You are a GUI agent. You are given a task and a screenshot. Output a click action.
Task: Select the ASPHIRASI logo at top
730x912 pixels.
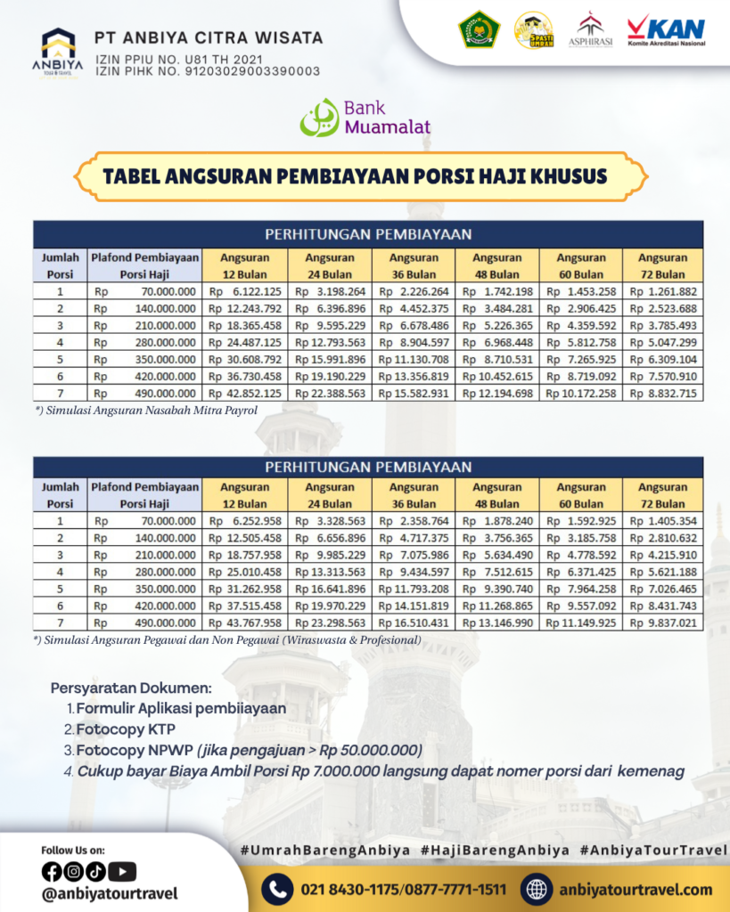point(590,31)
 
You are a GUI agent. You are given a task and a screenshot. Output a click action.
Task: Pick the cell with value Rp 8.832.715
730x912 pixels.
point(663,393)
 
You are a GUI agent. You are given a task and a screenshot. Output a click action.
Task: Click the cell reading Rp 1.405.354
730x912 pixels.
point(663,521)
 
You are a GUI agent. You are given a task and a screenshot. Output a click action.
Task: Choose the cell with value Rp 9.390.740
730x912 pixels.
point(496,590)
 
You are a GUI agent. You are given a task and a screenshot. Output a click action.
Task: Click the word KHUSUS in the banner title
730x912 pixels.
point(560,175)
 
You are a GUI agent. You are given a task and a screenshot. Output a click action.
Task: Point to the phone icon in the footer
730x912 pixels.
point(278,888)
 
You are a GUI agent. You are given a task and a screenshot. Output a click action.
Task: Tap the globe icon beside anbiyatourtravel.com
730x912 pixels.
point(537,888)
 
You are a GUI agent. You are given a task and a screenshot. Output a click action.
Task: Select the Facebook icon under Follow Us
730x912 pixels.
point(51,871)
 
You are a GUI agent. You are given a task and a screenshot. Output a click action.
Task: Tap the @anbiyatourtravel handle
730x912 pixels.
point(109,892)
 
